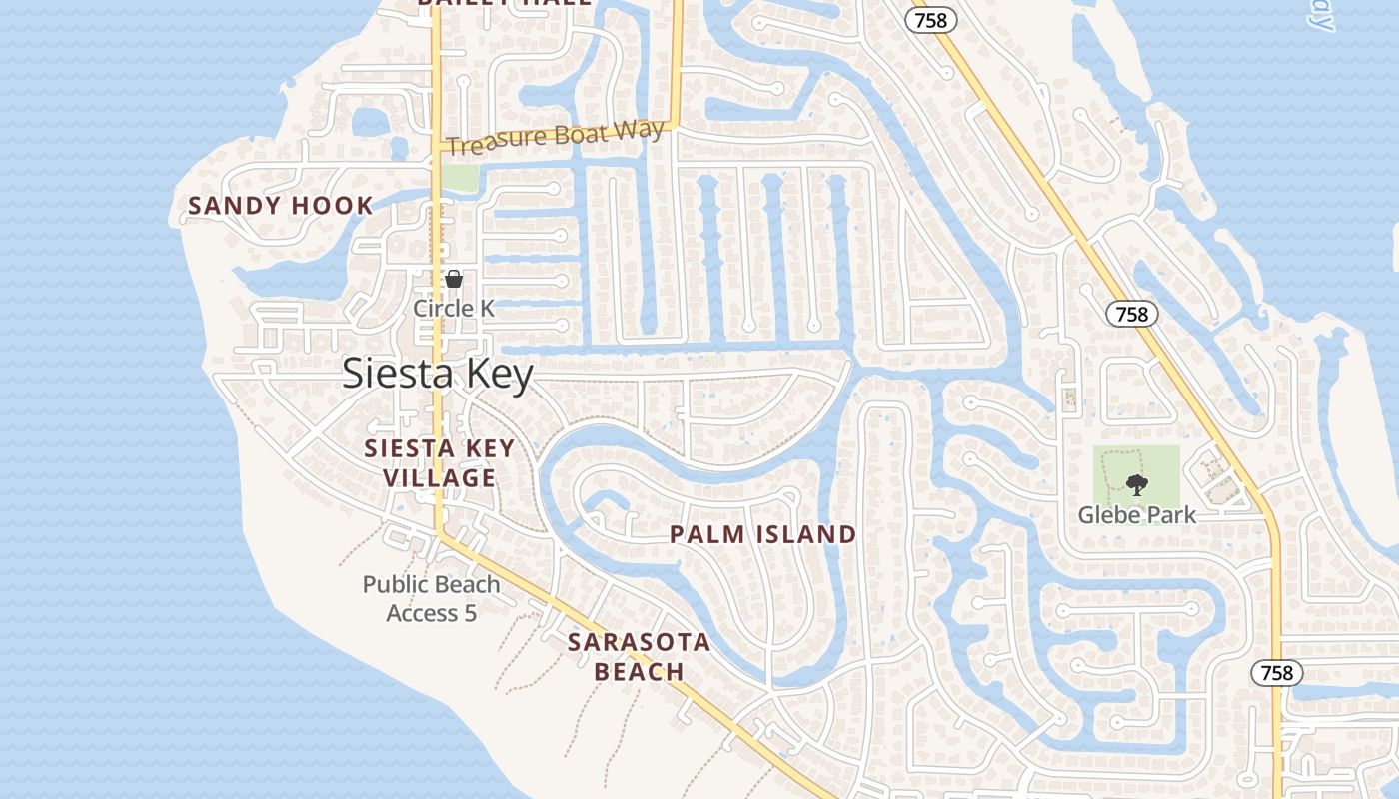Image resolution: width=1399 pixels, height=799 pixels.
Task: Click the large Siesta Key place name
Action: [438, 374]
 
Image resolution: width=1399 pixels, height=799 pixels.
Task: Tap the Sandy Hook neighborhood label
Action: [281, 207]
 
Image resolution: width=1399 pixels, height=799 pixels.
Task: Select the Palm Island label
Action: [762, 534]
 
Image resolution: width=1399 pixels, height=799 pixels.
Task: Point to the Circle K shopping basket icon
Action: [454, 279]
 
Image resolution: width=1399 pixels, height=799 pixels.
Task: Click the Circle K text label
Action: [454, 308]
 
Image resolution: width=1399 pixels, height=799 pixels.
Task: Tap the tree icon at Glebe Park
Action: [1136, 486]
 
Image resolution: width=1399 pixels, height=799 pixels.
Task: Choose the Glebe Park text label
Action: [1136, 515]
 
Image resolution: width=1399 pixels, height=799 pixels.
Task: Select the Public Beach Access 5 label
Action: [432, 598]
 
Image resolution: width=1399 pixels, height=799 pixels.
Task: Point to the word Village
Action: [439, 478]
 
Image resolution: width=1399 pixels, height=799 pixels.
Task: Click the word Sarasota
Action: [639, 642]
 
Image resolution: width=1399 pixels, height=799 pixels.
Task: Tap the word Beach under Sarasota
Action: [639, 672]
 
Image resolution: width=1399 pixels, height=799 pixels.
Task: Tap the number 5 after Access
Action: [470, 613]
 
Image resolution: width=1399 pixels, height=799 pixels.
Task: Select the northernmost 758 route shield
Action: [931, 20]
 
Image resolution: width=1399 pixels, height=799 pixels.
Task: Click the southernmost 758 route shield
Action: [1277, 673]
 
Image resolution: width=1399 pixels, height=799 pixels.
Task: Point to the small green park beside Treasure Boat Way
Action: [460, 178]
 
